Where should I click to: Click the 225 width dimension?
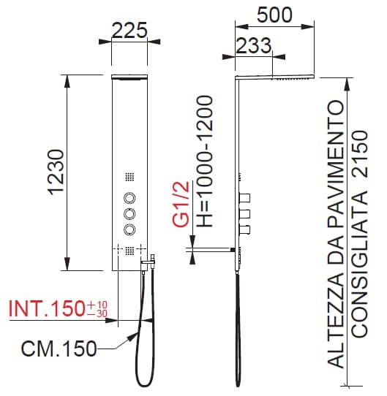click(x=129, y=31)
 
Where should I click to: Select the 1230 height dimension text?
click(x=56, y=172)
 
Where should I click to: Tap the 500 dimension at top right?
click(x=274, y=15)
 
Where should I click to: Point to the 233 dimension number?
click(x=253, y=45)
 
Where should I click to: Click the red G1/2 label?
click(x=181, y=205)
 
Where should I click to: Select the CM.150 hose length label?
click(x=59, y=349)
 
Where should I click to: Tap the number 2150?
click(x=360, y=153)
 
